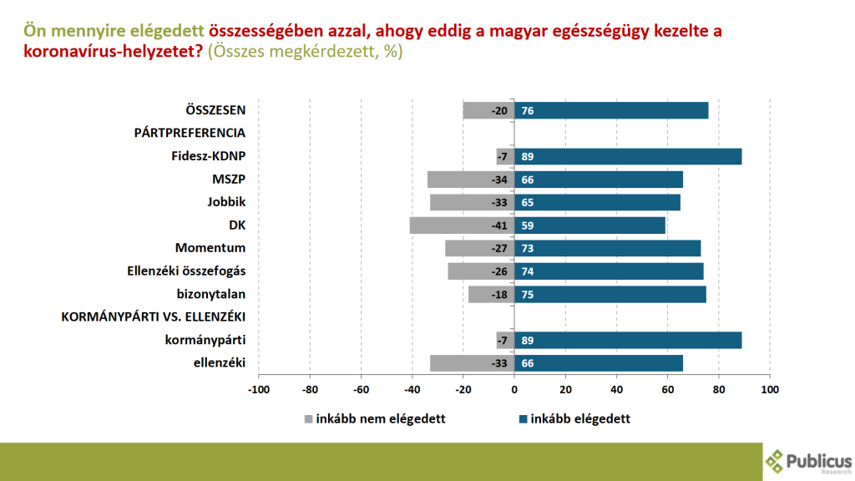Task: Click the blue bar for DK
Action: (x=589, y=225)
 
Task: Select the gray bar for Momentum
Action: (x=480, y=248)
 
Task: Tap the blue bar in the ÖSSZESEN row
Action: (x=611, y=110)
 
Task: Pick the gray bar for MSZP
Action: (x=471, y=180)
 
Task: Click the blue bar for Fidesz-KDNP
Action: (x=628, y=156)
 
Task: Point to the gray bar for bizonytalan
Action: (x=491, y=295)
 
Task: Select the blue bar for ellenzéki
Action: (x=599, y=363)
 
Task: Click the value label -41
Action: (x=499, y=225)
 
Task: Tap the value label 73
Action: (x=528, y=249)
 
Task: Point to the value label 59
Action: (x=528, y=225)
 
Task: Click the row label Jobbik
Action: (x=226, y=202)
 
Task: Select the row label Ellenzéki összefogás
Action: (x=186, y=271)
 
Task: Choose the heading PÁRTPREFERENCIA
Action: (x=190, y=133)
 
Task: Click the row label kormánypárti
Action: (x=205, y=341)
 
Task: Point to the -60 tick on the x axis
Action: (x=361, y=389)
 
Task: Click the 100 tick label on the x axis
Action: (x=770, y=389)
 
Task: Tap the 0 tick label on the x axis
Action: (x=514, y=389)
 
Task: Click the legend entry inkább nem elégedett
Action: (x=375, y=419)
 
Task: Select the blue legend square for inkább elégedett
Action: (x=523, y=419)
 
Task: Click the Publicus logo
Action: (x=808, y=462)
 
